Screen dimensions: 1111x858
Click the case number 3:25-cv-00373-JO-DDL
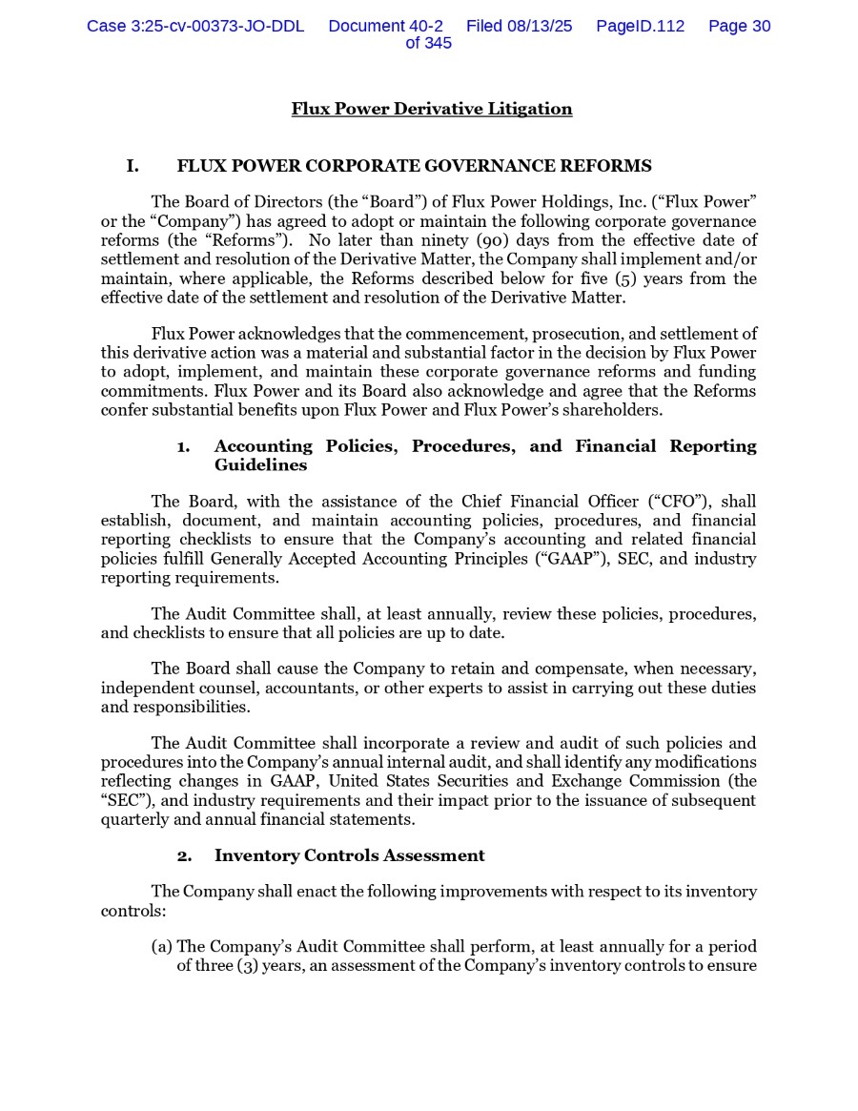click(x=194, y=27)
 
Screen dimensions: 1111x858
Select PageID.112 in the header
click(x=640, y=27)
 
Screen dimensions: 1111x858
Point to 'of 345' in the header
click(x=428, y=44)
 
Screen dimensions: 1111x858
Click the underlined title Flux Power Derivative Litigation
click(x=432, y=109)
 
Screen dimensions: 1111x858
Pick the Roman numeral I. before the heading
click(x=133, y=167)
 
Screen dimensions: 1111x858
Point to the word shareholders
click(x=612, y=410)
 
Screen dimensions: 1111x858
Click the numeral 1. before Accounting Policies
click(x=183, y=446)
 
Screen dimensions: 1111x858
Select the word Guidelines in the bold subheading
click(x=260, y=465)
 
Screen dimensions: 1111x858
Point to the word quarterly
click(x=134, y=819)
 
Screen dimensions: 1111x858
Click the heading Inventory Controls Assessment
click(x=349, y=855)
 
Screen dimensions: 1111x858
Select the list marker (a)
click(x=162, y=947)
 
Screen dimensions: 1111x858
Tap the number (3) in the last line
click(x=247, y=966)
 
